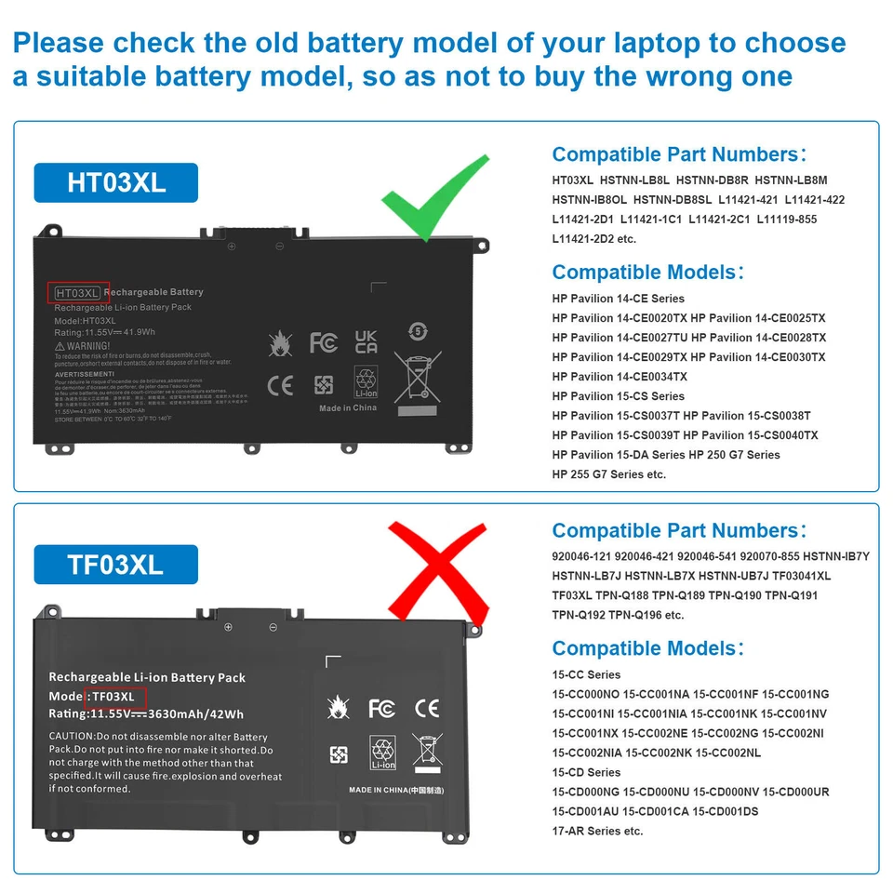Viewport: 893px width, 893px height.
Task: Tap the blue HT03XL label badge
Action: point(116,182)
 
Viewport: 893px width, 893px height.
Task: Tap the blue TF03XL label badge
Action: point(115,564)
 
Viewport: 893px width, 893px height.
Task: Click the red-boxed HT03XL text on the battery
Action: point(78,292)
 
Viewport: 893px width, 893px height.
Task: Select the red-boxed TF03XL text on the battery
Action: point(113,697)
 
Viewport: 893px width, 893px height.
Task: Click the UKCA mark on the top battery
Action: point(367,341)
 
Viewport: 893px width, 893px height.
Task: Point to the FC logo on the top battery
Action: point(324,342)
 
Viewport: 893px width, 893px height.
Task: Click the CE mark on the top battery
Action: point(280,385)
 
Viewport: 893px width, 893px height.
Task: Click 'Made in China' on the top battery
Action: point(348,408)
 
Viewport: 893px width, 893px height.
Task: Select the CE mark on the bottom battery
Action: point(427,709)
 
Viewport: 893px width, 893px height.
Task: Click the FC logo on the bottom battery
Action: point(381,709)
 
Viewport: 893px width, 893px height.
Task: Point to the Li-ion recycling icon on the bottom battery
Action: point(383,753)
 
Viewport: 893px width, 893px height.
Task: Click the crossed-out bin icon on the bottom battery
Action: point(427,750)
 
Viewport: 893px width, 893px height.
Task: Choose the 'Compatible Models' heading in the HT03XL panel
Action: point(647,273)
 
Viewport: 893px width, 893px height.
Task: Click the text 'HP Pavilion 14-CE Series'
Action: point(618,299)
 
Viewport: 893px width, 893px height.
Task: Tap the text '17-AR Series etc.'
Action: point(597,831)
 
